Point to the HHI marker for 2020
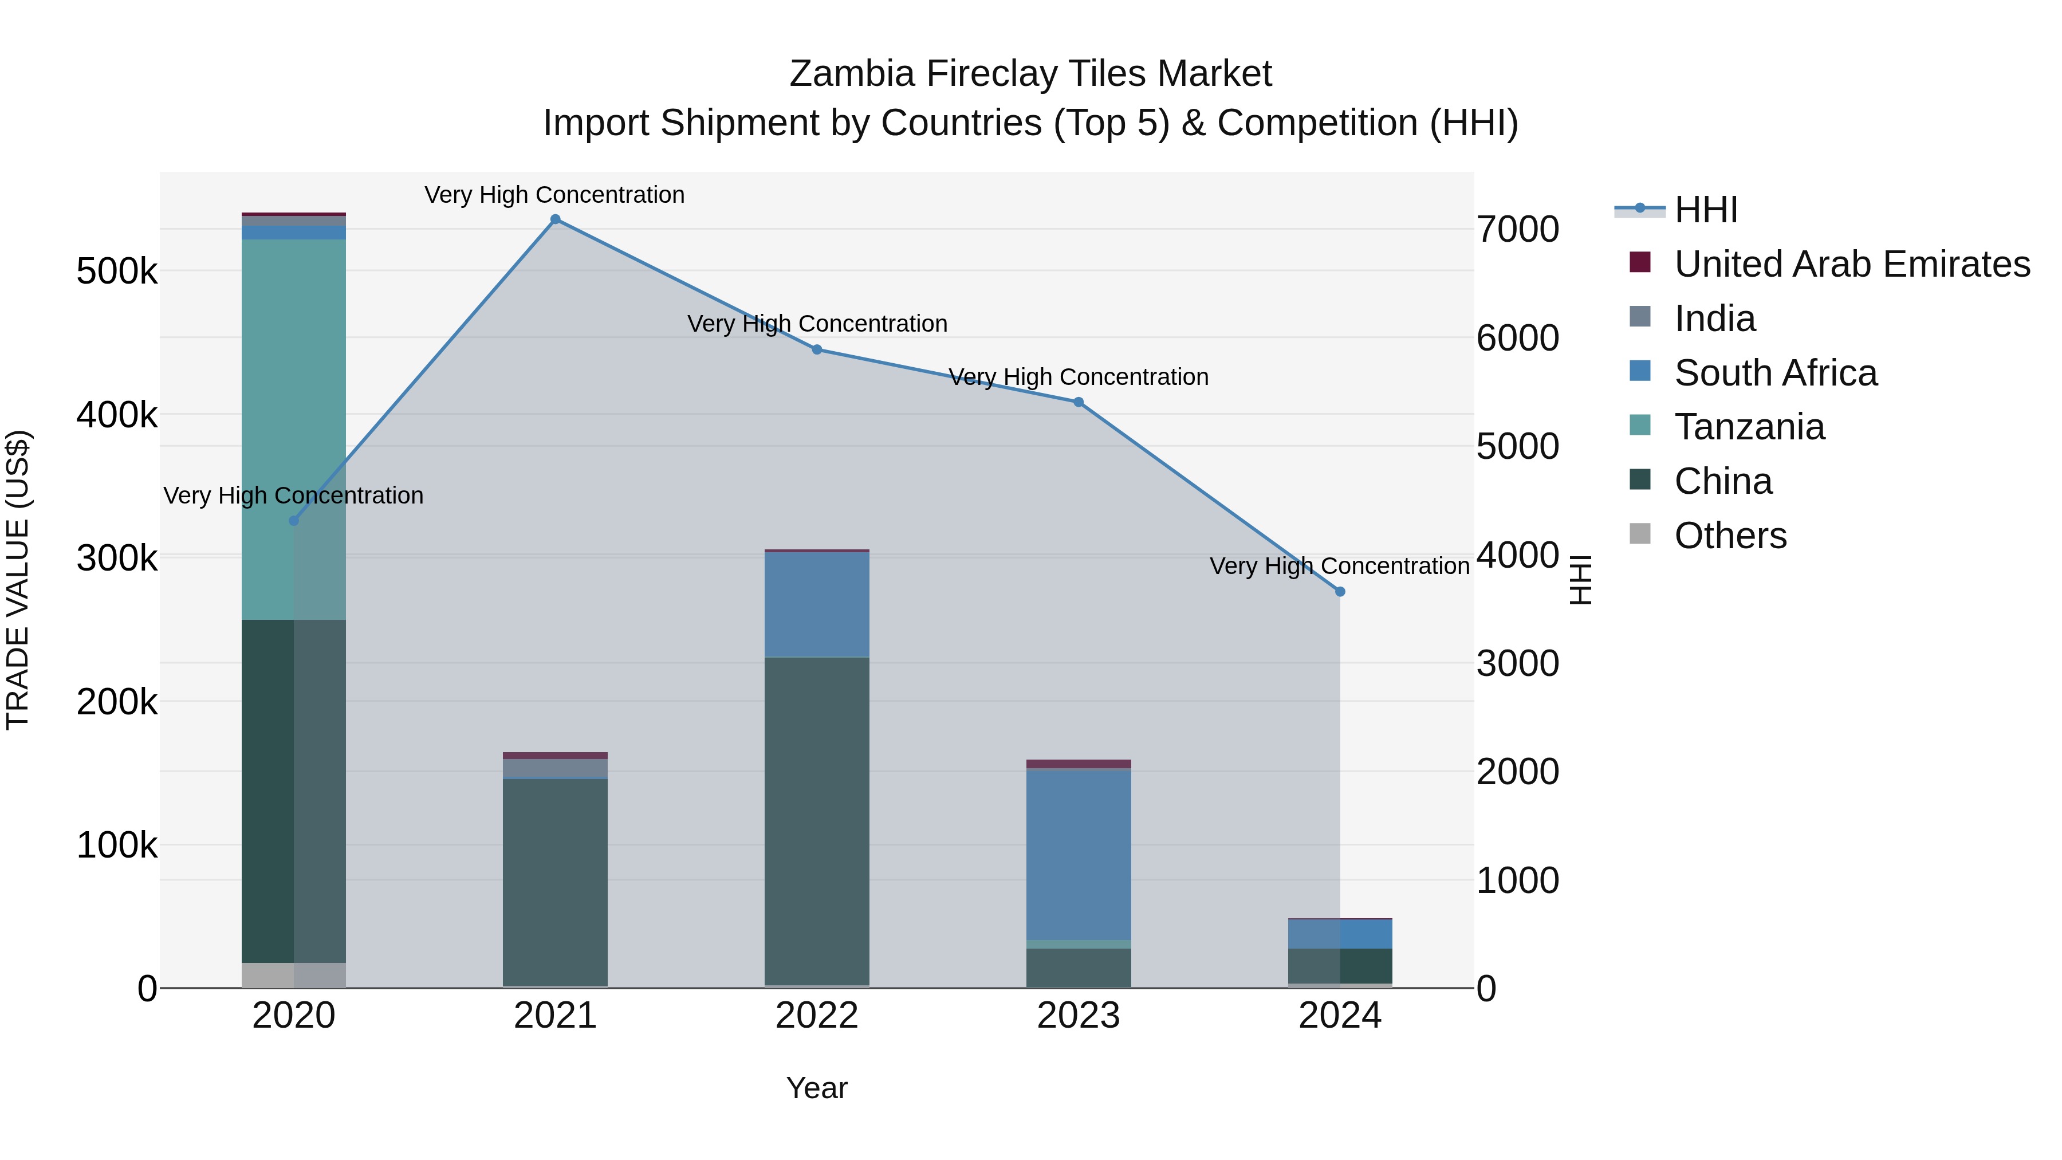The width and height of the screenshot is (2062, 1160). point(294,520)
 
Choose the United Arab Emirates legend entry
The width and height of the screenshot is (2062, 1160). point(1851,264)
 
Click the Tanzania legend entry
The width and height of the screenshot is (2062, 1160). point(1749,427)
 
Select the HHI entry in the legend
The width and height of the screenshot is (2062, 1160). point(1705,210)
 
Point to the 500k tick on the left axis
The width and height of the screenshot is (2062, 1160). point(117,272)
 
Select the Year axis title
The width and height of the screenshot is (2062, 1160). point(816,1088)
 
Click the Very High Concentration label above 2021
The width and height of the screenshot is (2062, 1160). point(554,195)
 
